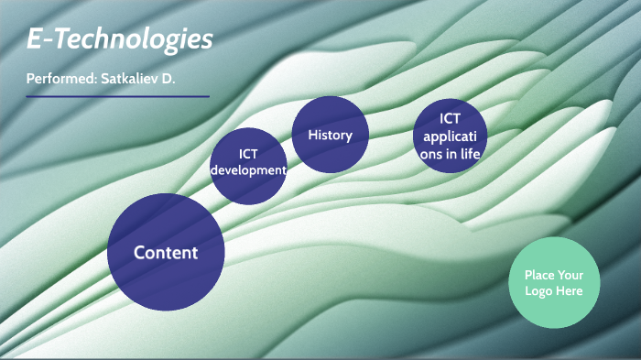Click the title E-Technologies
[x=119, y=39]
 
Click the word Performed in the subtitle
[x=59, y=79]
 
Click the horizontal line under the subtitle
[x=117, y=96]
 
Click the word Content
[x=166, y=253]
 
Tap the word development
[x=248, y=170]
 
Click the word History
[x=330, y=135]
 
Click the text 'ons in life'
[x=450, y=154]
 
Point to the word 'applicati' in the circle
[x=450, y=136]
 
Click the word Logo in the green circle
[x=540, y=291]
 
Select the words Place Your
[x=553, y=275]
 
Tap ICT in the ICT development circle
[x=248, y=154]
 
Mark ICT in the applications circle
[x=450, y=118]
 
